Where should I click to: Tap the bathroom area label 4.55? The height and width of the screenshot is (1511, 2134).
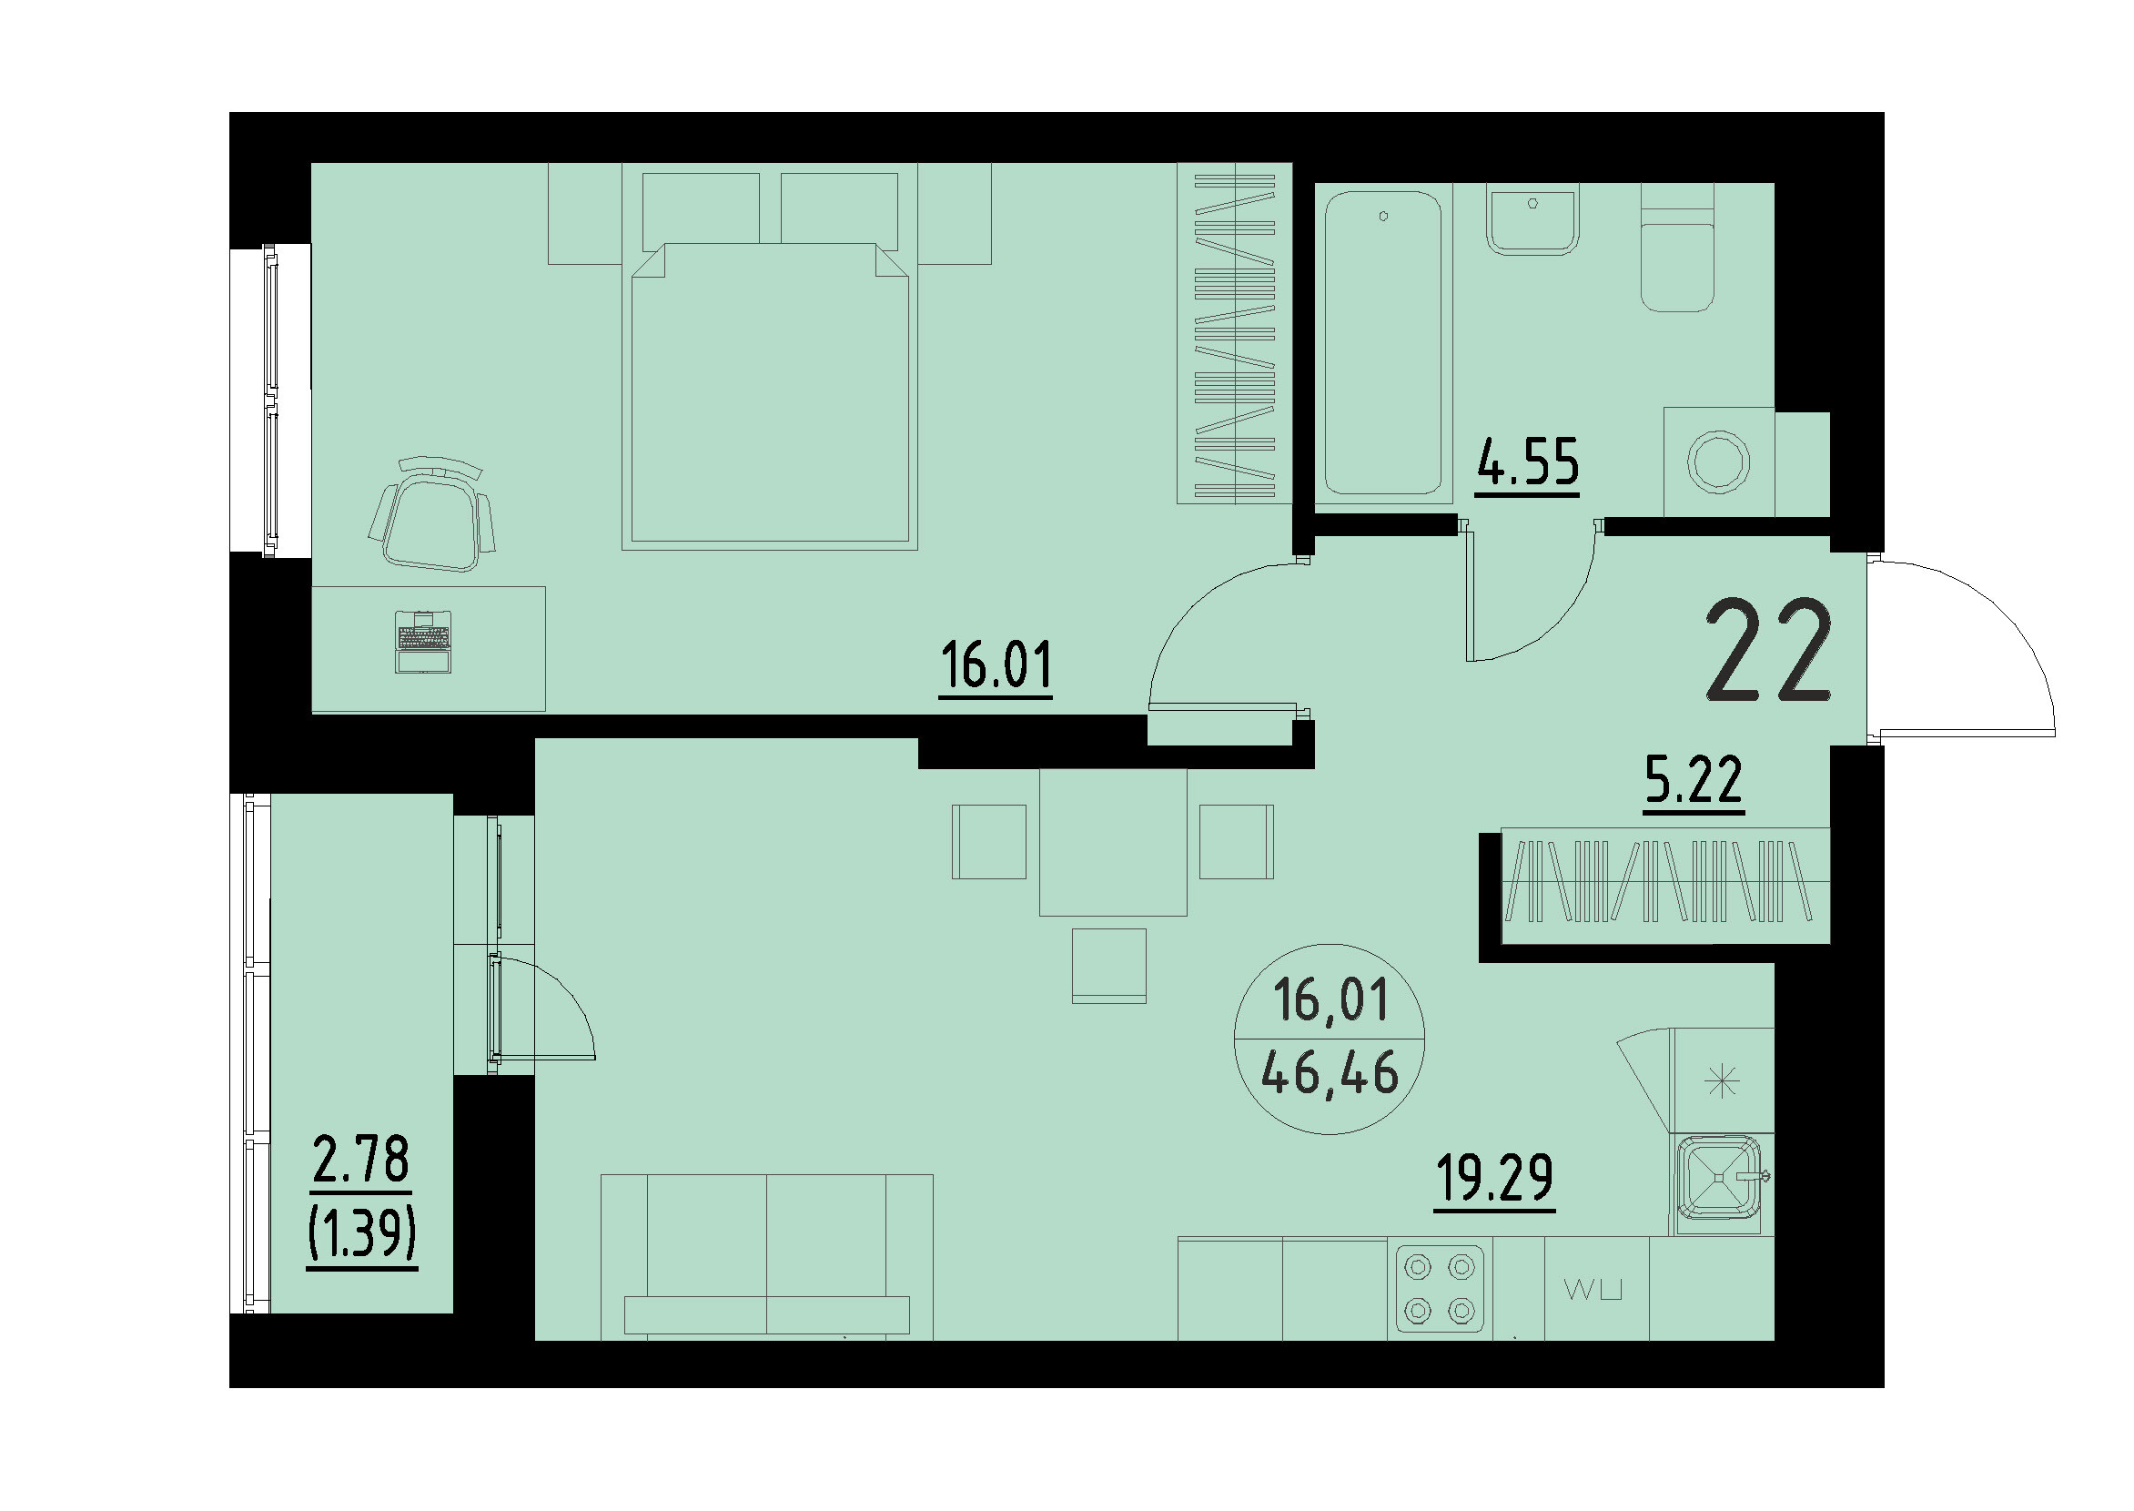[x=1528, y=462]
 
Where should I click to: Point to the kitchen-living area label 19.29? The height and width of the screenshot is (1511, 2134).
[x=1494, y=1179]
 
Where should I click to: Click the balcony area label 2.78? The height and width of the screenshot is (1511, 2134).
[x=361, y=1161]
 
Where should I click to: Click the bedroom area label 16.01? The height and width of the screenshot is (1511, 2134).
[x=996, y=665]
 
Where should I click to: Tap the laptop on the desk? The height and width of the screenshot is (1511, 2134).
[x=423, y=642]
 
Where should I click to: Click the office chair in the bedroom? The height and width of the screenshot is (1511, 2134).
[x=431, y=517]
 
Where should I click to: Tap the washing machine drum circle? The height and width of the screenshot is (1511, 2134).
[x=1718, y=462]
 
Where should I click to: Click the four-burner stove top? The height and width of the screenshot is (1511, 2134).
[x=1439, y=1290]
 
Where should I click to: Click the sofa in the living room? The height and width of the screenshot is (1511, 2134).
[x=766, y=1256]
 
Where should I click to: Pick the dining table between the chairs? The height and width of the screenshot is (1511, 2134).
[x=1113, y=842]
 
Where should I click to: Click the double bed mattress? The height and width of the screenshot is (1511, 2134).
[x=769, y=395]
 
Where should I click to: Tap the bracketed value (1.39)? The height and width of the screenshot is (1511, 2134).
[x=362, y=1234]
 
